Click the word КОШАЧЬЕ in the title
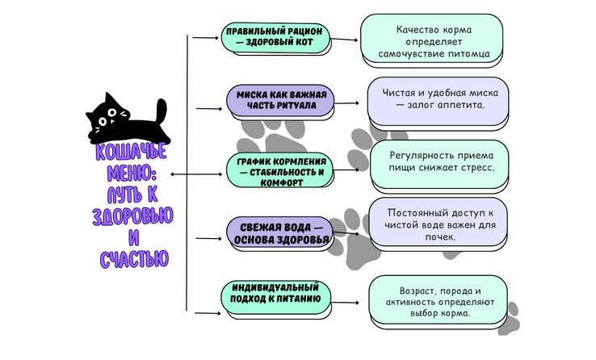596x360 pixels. [131, 152]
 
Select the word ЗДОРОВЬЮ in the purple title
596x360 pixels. [132, 216]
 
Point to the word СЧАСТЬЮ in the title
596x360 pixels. [134, 259]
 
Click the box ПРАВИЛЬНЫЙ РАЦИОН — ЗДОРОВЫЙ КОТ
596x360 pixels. [275, 38]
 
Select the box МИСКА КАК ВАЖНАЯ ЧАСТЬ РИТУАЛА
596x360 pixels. [280, 101]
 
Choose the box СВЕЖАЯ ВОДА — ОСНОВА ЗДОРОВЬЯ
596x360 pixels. [280, 232]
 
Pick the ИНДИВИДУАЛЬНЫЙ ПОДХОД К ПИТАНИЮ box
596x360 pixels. [276, 297]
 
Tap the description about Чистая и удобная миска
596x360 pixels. [438, 102]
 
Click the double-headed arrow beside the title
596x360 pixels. [196, 174]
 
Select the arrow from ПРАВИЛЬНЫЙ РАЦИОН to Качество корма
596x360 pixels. [344, 39]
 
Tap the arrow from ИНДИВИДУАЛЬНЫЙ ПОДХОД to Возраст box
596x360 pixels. [345, 303]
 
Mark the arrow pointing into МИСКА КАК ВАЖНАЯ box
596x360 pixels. [209, 109]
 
